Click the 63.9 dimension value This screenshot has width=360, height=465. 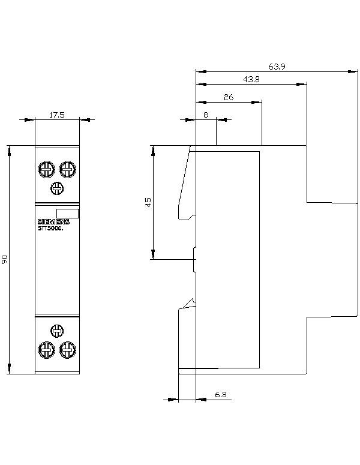(277, 67)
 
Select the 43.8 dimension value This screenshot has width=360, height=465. (251, 80)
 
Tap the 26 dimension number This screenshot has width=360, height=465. (229, 97)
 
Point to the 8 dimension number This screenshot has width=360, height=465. (206, 114)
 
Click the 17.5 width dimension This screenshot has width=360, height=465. (58, 114)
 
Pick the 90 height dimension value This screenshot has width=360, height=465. (5, 259)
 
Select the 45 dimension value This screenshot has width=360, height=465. (148, 202)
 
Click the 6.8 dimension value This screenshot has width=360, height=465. (220, 394)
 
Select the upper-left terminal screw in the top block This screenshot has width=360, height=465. (46, 169)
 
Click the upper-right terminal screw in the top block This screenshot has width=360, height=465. (68, 169)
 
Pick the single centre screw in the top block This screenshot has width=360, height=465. (57, 188)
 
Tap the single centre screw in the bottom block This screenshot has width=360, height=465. (57, 330)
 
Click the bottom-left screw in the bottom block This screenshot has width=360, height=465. (46, 349)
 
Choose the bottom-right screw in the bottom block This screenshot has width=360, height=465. (68, 349)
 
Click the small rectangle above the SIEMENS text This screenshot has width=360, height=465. (67, 212)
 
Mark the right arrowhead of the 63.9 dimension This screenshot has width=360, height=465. (353, 71)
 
